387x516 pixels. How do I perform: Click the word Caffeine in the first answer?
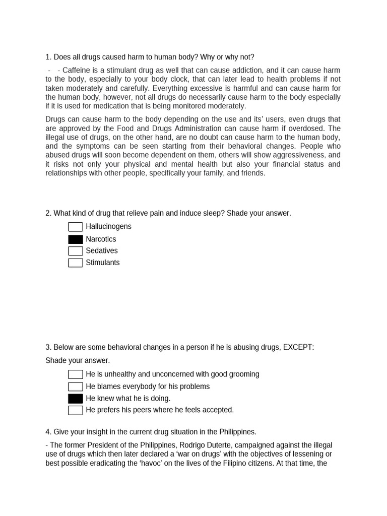coord(77,70)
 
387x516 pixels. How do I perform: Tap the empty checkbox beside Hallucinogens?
coord(76,227)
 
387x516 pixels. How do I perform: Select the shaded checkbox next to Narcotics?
coord(76,239)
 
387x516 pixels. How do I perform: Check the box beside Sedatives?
coord(76,251)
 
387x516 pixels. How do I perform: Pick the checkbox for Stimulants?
coord(76,263)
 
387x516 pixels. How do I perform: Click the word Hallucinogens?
coord(108,227)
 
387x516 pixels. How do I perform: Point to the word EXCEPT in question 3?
coord(298,347)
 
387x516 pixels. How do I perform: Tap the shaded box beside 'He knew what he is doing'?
coord(76,399)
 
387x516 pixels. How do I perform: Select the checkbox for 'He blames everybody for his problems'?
coord(76,386)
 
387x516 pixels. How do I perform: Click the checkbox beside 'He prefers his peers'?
coord(76,410)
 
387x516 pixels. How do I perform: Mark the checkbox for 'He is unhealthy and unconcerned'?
coord(76,374)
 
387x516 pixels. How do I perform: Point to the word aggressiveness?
coord(295,155)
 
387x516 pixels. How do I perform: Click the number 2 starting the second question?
coord(48,213)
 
